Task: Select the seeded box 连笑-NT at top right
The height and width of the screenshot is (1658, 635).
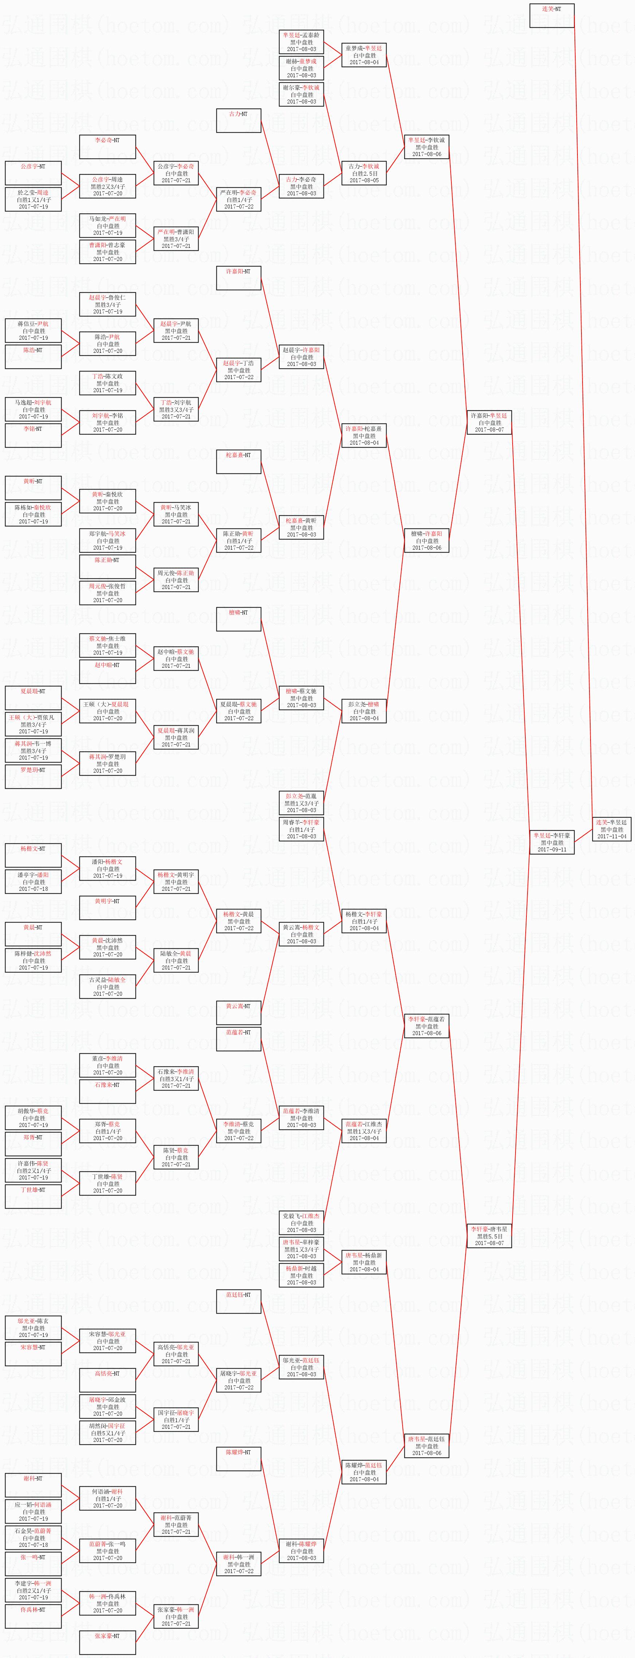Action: pos(551,15)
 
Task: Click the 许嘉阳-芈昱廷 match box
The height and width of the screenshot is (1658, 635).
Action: pos(489,422)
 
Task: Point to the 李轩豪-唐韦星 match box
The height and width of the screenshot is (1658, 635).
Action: pos(489,1236)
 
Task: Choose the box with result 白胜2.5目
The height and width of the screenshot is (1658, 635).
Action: pos(364,173)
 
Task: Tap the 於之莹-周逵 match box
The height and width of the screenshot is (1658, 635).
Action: pos(33,199)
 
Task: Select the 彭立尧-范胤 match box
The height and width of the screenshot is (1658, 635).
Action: pos(301,803)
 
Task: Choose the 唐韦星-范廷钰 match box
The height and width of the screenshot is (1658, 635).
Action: pos(426,1446)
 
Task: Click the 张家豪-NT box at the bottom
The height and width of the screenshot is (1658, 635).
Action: pos(107,1643)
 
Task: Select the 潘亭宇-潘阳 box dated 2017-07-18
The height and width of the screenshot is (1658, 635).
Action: pos(33,882)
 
